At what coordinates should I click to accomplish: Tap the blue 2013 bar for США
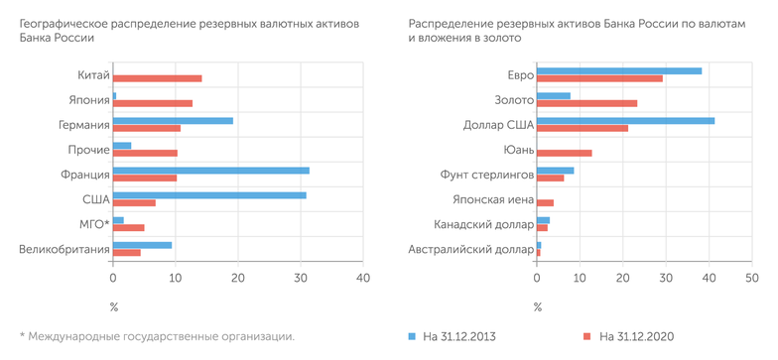[x=209, y=195]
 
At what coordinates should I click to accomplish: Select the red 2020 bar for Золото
[x=586, y=103]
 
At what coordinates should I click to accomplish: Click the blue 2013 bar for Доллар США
[x=625, y=121]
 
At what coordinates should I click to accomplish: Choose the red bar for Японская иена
[x=545, y=202]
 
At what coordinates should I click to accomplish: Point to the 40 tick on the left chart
[x=363, y=279]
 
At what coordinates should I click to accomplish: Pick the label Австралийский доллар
[x=471, y=249]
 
